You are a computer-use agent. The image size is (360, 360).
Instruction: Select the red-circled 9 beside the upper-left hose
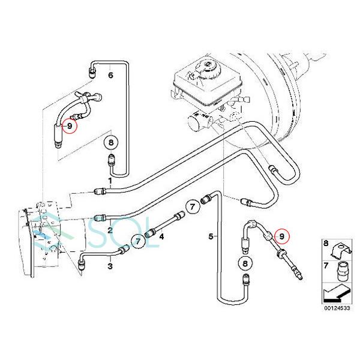click(x=70, y=126)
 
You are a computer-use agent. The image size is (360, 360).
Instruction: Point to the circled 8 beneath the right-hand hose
click(x=245, y=263)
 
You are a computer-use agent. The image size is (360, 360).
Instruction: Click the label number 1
click(x=110, y=180)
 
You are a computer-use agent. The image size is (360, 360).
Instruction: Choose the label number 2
click(x=110, y=229)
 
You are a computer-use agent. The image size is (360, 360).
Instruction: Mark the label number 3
click(x=110, y=265)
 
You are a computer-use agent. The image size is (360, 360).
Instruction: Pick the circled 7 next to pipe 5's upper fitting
click(x=192, y=207)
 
